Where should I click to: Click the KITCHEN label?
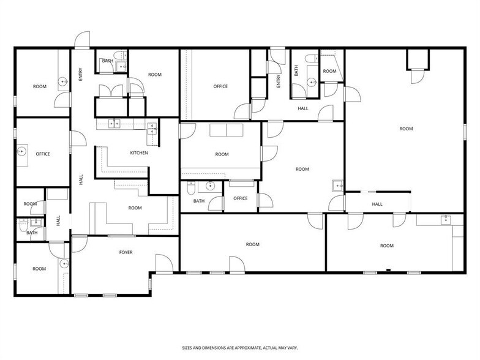pyautogui.click(x=139, y=152)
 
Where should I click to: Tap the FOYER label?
pyautogui.click(x=126, y=252)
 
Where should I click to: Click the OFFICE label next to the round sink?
pyautogui.click(x=42, y=154)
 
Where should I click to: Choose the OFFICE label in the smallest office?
pyautogui.click(x=241, y=198)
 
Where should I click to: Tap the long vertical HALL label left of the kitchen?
pyautogui.click(x=81, y=180)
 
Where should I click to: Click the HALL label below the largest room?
pyautogui.click(x=377, y=204)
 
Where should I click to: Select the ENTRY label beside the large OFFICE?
pyautogui.click(x=279, y=81)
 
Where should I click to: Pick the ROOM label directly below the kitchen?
pyautogui.click(x=135, y=208)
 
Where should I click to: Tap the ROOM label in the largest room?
pyautogui.click(x=405, y=129)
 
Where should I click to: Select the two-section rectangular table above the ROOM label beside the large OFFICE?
pyautogui.click(x=227, y=132)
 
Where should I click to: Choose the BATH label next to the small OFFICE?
pyautogui.click(x=199, y=201)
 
